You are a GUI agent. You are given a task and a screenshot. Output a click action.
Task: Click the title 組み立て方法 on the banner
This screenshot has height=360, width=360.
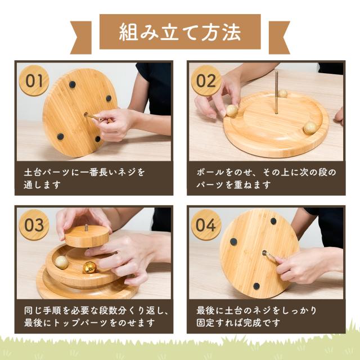180,32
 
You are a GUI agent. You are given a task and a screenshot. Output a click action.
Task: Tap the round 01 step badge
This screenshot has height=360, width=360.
34,80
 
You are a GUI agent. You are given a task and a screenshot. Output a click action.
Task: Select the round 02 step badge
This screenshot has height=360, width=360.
206,80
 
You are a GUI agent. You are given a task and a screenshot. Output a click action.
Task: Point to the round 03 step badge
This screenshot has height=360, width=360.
34,225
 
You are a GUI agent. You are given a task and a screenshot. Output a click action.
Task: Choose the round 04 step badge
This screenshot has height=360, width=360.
206,225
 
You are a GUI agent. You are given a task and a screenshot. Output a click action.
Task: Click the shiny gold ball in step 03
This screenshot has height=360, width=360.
89,267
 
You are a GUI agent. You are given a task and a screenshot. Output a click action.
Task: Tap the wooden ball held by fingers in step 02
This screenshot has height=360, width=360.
232,110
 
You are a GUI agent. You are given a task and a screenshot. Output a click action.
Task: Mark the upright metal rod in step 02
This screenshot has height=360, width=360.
276,92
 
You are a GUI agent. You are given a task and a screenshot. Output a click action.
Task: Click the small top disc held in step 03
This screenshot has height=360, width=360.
87,236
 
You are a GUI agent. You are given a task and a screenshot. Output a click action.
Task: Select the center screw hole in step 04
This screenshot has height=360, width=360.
264,253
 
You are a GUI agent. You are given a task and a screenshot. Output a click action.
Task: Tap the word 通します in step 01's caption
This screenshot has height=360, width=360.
42,184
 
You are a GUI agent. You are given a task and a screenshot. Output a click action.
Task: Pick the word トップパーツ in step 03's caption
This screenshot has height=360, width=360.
80,322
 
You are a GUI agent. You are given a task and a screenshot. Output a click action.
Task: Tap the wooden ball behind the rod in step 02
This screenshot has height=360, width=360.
283,93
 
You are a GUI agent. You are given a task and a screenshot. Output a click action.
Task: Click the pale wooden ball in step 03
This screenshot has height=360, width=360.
61,262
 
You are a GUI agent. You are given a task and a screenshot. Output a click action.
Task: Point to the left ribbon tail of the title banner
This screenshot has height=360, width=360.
81,38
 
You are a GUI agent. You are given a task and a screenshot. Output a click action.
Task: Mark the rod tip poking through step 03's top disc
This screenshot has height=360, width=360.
87,227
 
